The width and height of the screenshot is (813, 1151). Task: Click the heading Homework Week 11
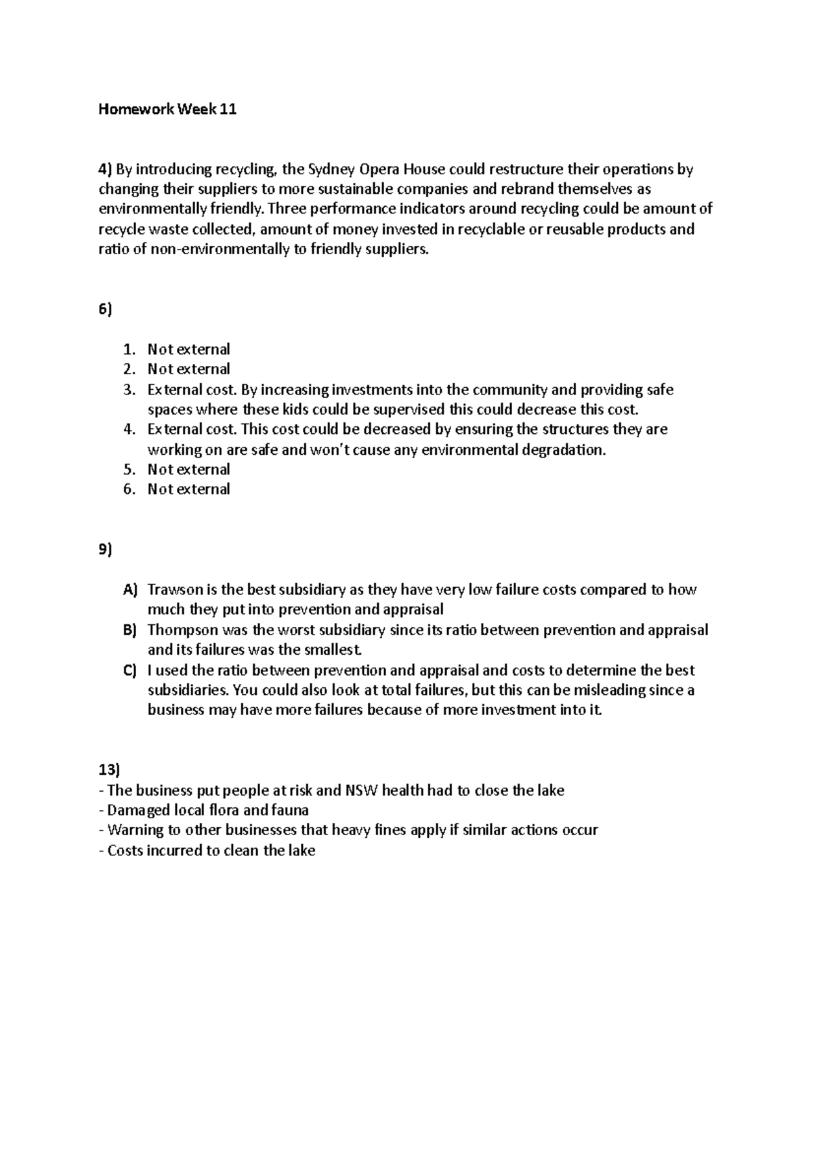(167, 109)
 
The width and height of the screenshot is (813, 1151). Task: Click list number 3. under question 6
(129, 390)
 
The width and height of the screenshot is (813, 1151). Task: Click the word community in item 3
(509, 390)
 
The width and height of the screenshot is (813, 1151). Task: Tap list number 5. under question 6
(129, 469)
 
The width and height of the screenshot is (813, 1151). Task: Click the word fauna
(289, 810)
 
